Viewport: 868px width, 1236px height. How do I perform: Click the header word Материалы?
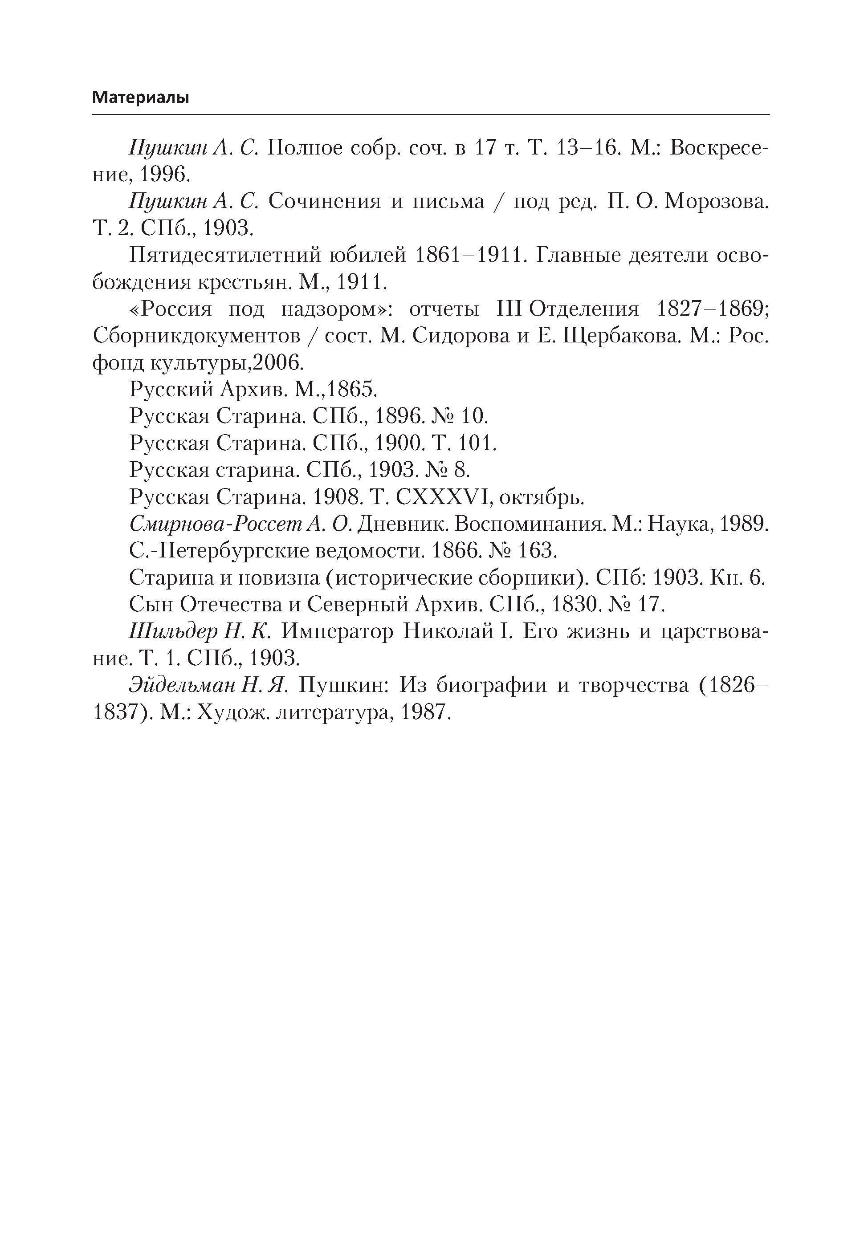tap(141, 98)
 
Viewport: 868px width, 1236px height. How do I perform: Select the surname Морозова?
tap(716, 201)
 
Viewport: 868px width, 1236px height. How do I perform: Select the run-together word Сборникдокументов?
tap(196, 336)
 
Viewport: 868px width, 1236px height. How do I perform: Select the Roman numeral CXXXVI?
tap(441, 497)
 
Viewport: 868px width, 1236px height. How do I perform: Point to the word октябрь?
tap(542, 497)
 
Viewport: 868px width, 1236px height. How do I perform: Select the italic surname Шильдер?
tap(173, 631)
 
